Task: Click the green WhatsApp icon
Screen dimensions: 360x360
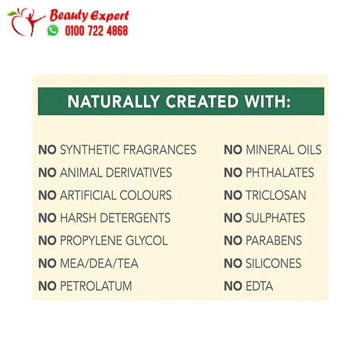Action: click(x=53, y=31)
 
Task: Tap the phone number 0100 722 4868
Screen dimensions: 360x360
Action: click(x=97, y=31)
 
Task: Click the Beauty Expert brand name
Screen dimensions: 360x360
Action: click(x=89, y=16)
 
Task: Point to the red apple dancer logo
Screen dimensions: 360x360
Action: click(x=26, y=22)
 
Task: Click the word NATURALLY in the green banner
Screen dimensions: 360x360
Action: click(x=113, y=101)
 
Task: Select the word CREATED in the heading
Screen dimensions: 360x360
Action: click(x=202, y=101)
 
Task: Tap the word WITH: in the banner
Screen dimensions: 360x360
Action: click(x=268, y=101)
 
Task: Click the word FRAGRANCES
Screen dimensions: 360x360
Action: click(x=160, y=149)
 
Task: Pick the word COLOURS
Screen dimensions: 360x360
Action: click(x=146, y=195)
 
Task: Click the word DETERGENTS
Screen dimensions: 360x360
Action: click(x=136, y=218)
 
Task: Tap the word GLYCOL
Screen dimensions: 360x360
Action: click(x=147, y=241)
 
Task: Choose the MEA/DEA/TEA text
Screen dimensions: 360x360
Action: click(x=99, y=263)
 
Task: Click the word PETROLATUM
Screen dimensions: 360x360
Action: click(x=96, y=286)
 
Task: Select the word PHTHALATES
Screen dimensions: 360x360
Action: click(x=280, y=172)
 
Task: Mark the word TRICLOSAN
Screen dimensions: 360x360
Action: click(x=276, y=195)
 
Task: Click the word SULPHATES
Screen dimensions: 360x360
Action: click(x=275, y=218)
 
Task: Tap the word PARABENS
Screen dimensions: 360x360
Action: click(x=274, y=241)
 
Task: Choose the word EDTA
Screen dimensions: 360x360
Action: click(x=259, y=286)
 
